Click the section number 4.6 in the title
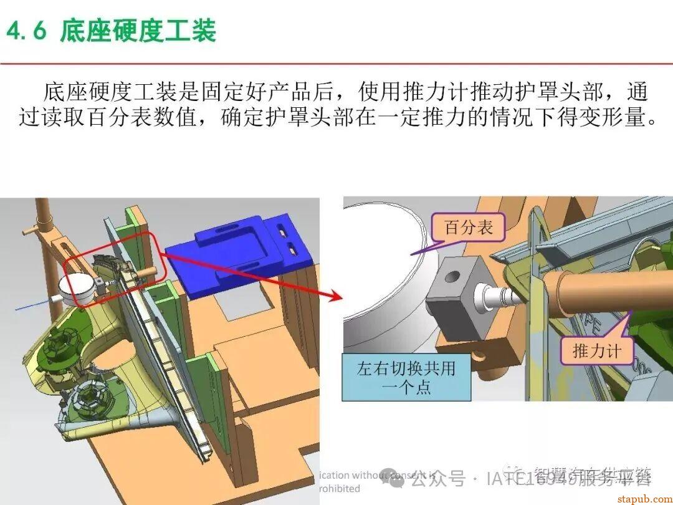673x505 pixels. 27,29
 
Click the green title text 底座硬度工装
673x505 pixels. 138,29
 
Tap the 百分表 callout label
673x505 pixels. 468,228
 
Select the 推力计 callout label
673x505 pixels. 596,350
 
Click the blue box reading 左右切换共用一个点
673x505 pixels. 406,377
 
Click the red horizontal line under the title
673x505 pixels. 336,63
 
